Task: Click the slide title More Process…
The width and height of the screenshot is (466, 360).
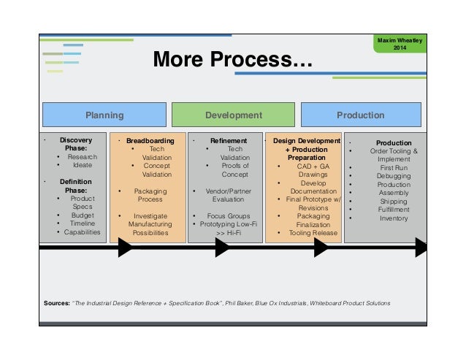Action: (232, 59)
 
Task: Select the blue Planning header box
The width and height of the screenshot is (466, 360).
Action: (104, 115)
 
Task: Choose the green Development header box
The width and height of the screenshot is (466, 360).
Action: (234, 115)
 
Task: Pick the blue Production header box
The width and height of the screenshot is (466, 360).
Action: (360, 115)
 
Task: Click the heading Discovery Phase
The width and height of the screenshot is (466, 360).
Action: (76, 144)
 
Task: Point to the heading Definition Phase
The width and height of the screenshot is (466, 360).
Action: (76, 185)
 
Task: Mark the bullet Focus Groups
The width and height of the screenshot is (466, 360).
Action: (229, 216)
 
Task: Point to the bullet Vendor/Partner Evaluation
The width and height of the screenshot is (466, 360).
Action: (228, 195)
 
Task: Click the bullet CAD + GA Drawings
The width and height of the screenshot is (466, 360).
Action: (307, 170)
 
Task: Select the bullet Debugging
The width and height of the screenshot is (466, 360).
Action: (394, 176)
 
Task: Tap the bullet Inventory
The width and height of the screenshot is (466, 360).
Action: (394, 218)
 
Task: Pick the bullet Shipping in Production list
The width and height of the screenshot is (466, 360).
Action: (394, 201)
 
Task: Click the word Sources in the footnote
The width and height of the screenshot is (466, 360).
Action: (56, 302)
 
